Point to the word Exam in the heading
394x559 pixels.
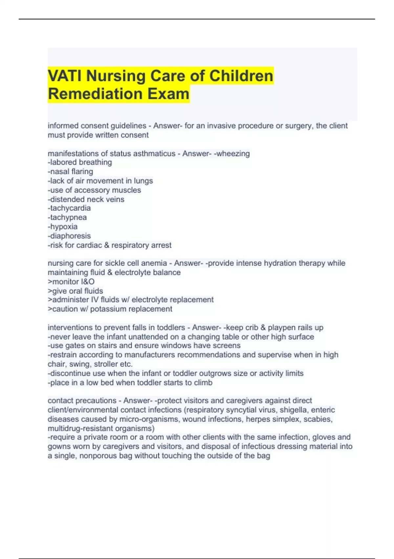click(x=168, y=94)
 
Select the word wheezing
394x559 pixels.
click(x=233, y=154)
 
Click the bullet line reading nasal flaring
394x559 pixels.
click(x=71, y=172)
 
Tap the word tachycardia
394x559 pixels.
click(x=70, y=208)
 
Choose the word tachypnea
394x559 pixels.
click(x=68, y=217)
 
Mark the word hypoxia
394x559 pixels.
click(x=64, y=227)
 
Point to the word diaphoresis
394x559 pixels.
click(x=70, y=236)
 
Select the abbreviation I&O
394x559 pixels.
click(x=87, y=282)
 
